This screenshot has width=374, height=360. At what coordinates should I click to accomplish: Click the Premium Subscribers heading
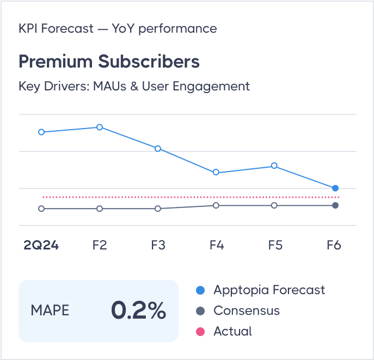click(x=109, y=62)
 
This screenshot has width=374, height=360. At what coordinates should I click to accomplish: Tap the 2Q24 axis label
click(x=41, y=245)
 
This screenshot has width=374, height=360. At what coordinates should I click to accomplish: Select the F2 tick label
click(x=100, y=245)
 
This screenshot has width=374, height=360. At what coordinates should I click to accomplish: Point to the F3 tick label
click(x=158, y=245)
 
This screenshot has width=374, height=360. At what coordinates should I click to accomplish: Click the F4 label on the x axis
click(x=217, y=245)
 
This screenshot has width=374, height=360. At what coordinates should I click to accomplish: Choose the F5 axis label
click(x=275, y=245)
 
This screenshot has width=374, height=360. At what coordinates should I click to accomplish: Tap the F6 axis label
click(x=334, y=245)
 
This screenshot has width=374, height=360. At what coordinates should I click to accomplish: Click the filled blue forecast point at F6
click(x=335, y=188)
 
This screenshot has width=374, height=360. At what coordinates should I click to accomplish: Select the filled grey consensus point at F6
click(x=335, y=205)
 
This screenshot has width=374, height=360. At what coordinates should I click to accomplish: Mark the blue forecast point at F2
click(x=100, y=127)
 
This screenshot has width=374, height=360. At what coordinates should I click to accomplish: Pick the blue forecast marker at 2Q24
click(x=41, y=132)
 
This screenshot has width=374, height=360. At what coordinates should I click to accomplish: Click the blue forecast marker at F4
click(x=216, y=172)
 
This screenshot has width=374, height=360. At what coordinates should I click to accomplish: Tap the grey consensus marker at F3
click(x=158, y=209)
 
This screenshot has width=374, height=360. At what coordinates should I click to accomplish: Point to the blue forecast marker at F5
click(x=274, y=166)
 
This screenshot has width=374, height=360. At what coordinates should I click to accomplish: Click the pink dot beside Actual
click(x=200, y=331)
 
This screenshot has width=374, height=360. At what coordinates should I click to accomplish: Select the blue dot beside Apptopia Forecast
click(x=200, y=290)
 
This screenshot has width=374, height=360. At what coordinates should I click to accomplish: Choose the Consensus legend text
click(x=247, y=310)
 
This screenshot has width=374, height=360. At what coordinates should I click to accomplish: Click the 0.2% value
click(x=138, y=310)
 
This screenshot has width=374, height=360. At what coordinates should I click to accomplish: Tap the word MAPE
click(x=50, y=310)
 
